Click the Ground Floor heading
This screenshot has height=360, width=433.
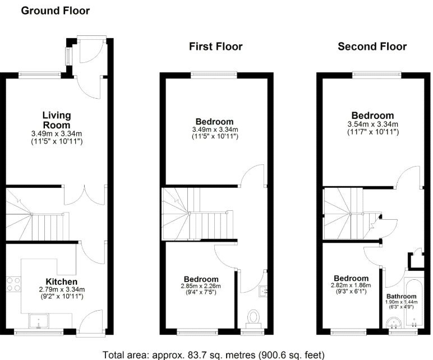(x=55, y=11)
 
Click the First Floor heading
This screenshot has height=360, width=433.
(x=215, y=46)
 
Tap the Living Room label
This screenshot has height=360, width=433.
(x=57, y=120)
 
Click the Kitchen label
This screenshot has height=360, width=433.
(x=62, y=281)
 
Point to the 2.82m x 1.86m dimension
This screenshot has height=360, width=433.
(x=352, y=287)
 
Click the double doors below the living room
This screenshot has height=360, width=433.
(x=84, y=196)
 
